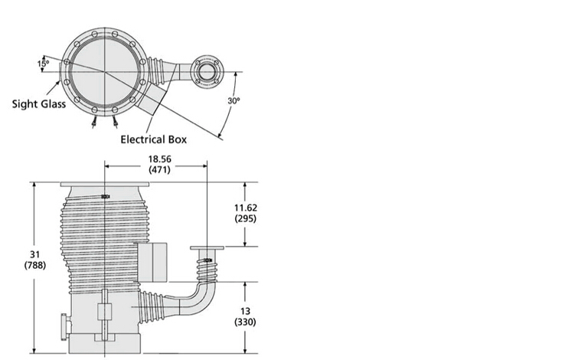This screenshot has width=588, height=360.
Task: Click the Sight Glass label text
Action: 39,104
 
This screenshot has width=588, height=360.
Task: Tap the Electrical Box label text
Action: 153,139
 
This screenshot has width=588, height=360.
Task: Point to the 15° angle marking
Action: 43,64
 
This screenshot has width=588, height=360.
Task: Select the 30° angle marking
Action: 234,100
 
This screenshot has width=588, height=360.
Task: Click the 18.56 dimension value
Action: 160,159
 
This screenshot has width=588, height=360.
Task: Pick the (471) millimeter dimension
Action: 159,169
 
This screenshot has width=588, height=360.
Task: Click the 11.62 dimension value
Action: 246,208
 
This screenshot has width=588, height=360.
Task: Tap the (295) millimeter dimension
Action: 245,218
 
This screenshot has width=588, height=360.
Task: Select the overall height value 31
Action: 35,254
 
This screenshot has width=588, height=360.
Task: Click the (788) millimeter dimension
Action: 35,266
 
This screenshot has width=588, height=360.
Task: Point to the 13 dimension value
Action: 245,311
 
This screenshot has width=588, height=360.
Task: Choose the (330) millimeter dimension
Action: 245,322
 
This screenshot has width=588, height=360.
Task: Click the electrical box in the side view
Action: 152,263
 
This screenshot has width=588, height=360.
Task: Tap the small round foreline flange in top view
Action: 207,72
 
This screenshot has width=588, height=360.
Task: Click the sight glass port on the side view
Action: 64,326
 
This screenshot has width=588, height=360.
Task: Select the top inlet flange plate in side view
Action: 105,185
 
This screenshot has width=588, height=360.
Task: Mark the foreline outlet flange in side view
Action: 207,248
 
